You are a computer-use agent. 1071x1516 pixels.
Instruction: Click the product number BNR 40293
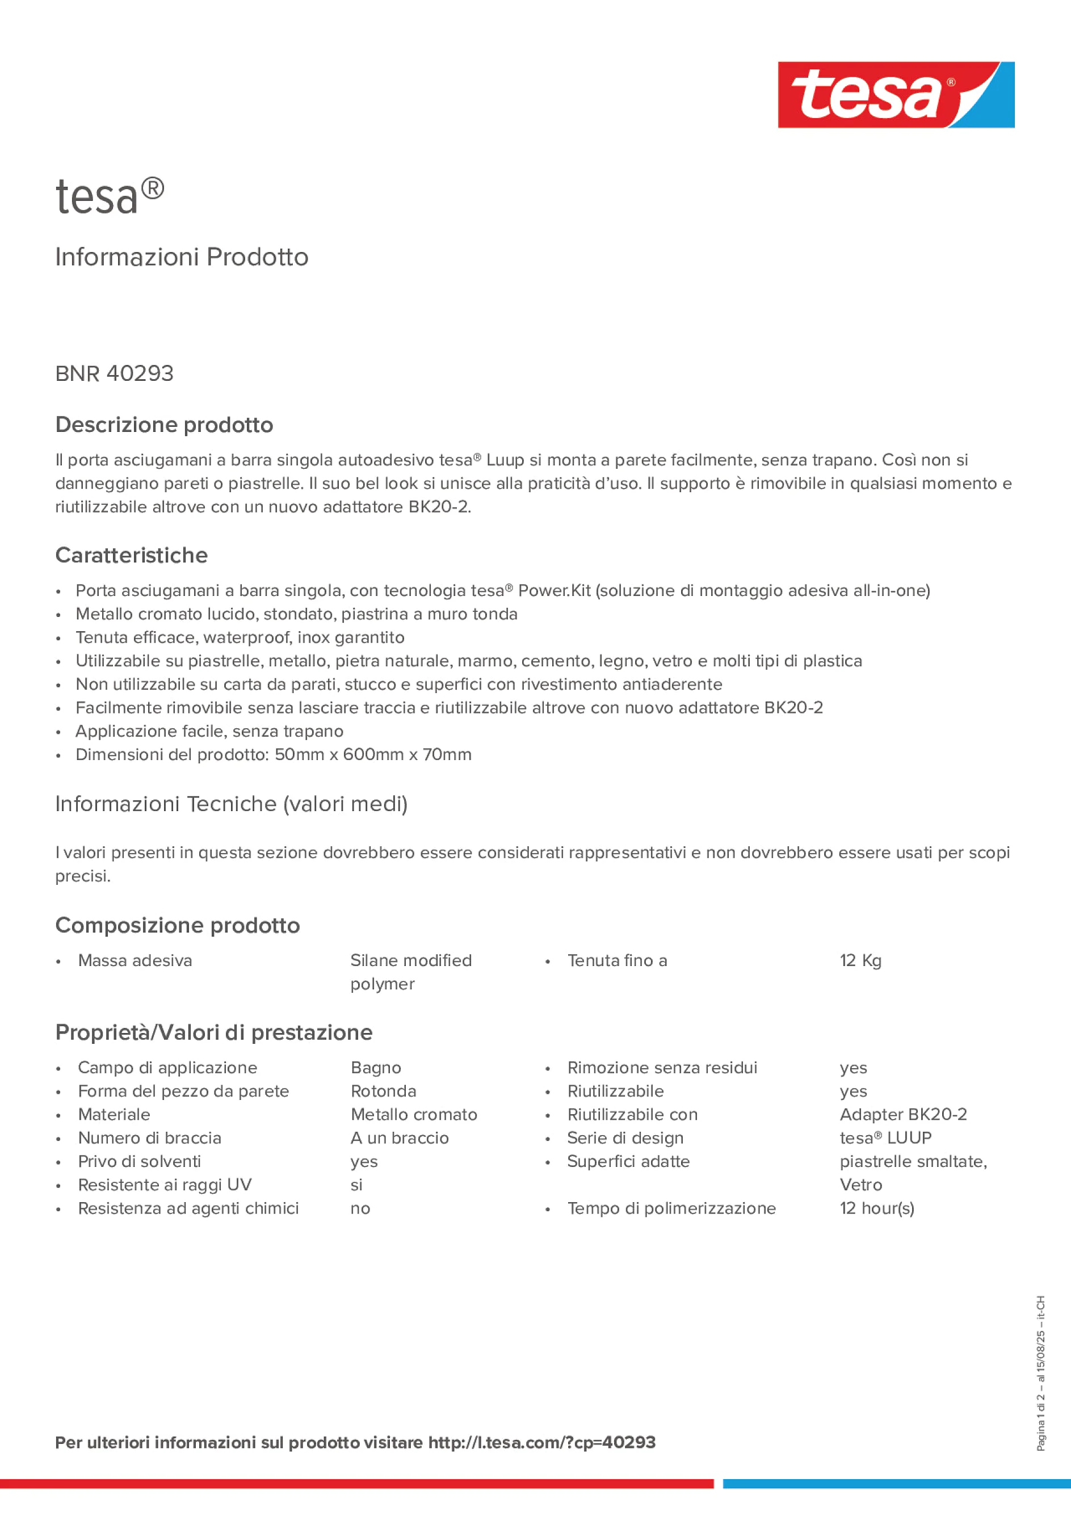pos(114,373)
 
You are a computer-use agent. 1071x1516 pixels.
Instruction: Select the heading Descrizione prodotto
pos(164,425)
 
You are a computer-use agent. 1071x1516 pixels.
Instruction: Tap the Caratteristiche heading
pos(132,555)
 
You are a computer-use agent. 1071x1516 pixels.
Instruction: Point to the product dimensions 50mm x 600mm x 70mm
pos(373,755)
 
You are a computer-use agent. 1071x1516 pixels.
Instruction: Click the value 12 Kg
pos(860,961)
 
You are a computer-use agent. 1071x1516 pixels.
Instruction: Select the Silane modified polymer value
pos(411,972)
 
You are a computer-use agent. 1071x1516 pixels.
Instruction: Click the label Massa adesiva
pos(135,961)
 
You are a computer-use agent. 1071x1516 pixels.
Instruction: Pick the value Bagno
pos(376,1068)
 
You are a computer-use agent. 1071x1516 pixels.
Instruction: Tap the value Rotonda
pos(383,1091)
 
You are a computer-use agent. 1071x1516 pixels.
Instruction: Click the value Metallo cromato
pos(413,1115)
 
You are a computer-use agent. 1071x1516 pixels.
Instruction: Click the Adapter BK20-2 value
pos(902,1115)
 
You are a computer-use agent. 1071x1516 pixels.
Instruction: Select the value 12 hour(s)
pos(877,1208)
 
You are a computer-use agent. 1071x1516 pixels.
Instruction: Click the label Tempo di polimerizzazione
pos(671,1208)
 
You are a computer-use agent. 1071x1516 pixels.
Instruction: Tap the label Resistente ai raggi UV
pos(165,1185)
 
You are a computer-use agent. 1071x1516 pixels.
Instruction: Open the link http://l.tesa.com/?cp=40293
pos(541,1443)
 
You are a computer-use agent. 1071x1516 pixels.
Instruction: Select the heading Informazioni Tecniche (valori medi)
pos(231,804)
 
